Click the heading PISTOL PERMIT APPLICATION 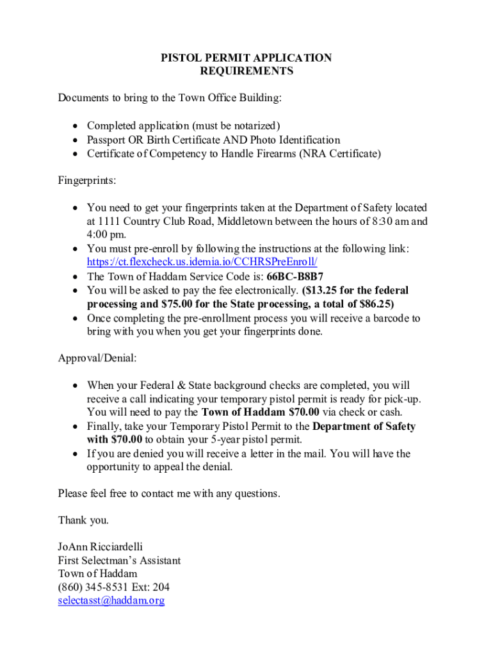[247, 58]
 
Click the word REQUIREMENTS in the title [247, 71]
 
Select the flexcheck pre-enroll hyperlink [202, 263]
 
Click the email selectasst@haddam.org [111, 600]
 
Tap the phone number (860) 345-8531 [94, 587]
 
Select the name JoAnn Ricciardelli [100, 546]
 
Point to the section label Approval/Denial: [97, 358]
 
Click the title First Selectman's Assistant [119, 560]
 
